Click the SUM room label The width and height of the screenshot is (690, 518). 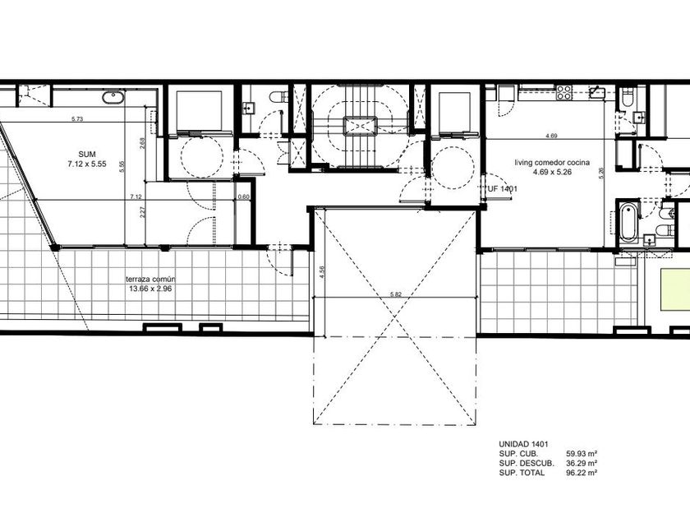[87, 155]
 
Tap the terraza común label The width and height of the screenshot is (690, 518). [150, 280]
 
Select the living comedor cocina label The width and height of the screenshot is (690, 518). [552, 163]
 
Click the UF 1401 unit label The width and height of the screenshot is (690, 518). [503, 189]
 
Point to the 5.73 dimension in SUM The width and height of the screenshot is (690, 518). [77, 118]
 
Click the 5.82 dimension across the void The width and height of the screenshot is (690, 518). [396, 294]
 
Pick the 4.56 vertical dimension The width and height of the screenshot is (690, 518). [322, 272]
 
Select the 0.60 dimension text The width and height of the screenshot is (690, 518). [243, 197]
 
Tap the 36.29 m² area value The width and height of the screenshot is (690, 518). [582, 463]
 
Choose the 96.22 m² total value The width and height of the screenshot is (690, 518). [582, 473]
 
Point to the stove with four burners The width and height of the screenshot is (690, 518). [564, 93]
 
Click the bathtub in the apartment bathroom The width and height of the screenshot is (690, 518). [628, 221]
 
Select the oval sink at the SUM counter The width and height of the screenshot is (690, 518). [113, 97]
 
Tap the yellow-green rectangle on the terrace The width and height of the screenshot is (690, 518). [674, 289]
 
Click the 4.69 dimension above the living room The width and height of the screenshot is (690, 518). [551, 136]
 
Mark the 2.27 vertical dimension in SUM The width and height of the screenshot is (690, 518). [142, 213]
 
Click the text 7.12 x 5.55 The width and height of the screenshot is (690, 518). [87, 164]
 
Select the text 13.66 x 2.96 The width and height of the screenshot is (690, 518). [150, 289]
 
